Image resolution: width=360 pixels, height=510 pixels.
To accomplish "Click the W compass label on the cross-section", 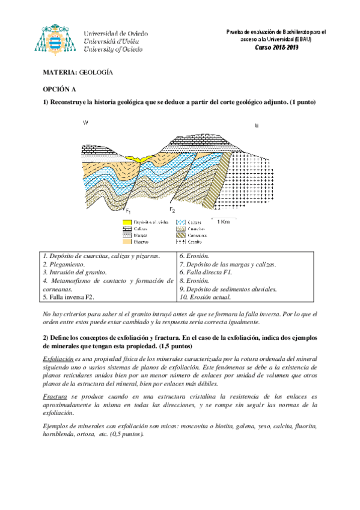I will click(x=85, y=123).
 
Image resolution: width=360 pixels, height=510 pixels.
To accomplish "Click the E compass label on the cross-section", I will click(x=257, y=126).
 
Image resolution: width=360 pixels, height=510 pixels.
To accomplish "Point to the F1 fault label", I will click(x=127, y=210).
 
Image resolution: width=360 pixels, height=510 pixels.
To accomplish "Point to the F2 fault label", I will click(x=172, y=210).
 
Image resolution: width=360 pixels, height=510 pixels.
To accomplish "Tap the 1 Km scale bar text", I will click(x=222, y=221).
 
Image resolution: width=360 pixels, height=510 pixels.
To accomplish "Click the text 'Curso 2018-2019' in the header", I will click(x=276, y=48).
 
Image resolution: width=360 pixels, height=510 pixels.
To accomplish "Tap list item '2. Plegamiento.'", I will click(x=64, y=264).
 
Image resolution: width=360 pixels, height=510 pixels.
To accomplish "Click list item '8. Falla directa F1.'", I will click(x=206, y=272).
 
